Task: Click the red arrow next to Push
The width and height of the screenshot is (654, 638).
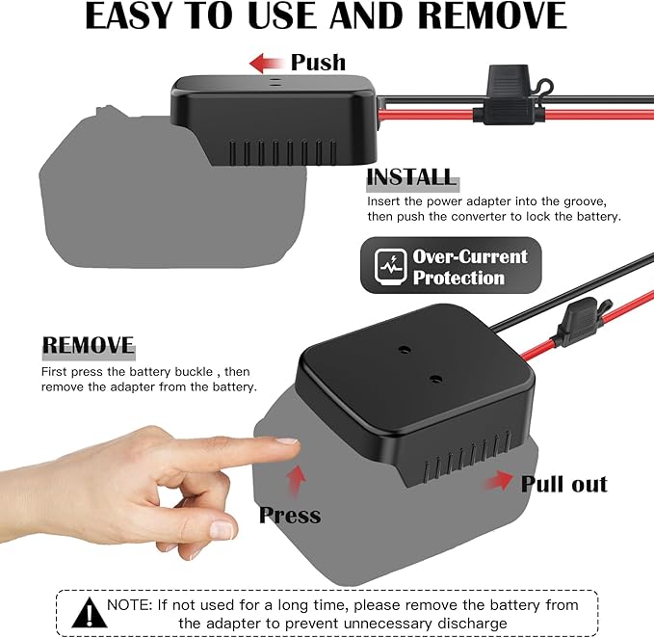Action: pyautogui.click(x=266, y=64)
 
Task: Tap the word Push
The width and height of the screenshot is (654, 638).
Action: pyautogui.click(x=318, y=63)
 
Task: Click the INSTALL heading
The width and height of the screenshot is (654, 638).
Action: pyautogui.click(x=411, y=177)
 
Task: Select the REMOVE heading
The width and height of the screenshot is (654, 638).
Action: pyautogui.click(x=88, y=345)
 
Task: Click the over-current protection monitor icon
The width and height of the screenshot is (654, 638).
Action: pyautogui.click(x=390, y=266)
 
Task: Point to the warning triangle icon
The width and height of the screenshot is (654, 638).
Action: pyautogui.click(x=90, y=613)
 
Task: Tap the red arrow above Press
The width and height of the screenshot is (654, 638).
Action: pyautogui.click(x=296, y=481)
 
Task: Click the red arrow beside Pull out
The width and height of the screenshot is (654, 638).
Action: pyautogui.click(x=499, y=481)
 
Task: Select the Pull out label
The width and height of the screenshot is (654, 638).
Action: pyautogui.click(x=563, y=485)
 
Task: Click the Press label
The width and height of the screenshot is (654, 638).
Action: pyautogui.click(x=290, y=516)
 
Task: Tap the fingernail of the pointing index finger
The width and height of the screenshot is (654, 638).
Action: pyautogui.click(x=287, y=440)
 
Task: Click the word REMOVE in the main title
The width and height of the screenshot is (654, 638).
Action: pyautogui.click(x=492, y=15)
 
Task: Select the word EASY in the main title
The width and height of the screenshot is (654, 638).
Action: pyautogui.click(x=128, y=15)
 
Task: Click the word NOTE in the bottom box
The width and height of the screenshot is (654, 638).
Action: pyautogui.click(x=129, y=605)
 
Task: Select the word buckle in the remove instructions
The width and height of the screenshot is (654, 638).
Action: pyautogui.click(x=194, y=372)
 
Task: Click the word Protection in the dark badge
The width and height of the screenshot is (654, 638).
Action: pyautogui.click(x=458, y=278)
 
